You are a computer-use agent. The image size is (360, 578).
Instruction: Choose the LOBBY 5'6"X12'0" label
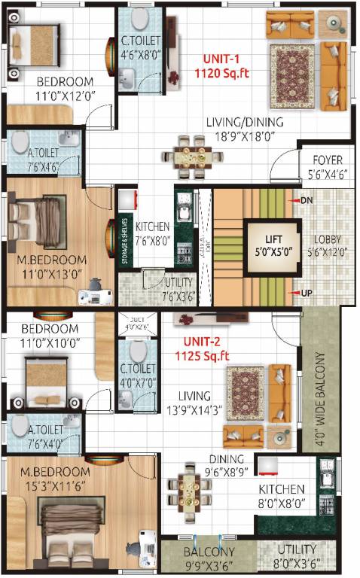click(328, 246)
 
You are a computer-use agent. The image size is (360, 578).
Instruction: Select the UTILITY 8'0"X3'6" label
click(296, 554)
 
